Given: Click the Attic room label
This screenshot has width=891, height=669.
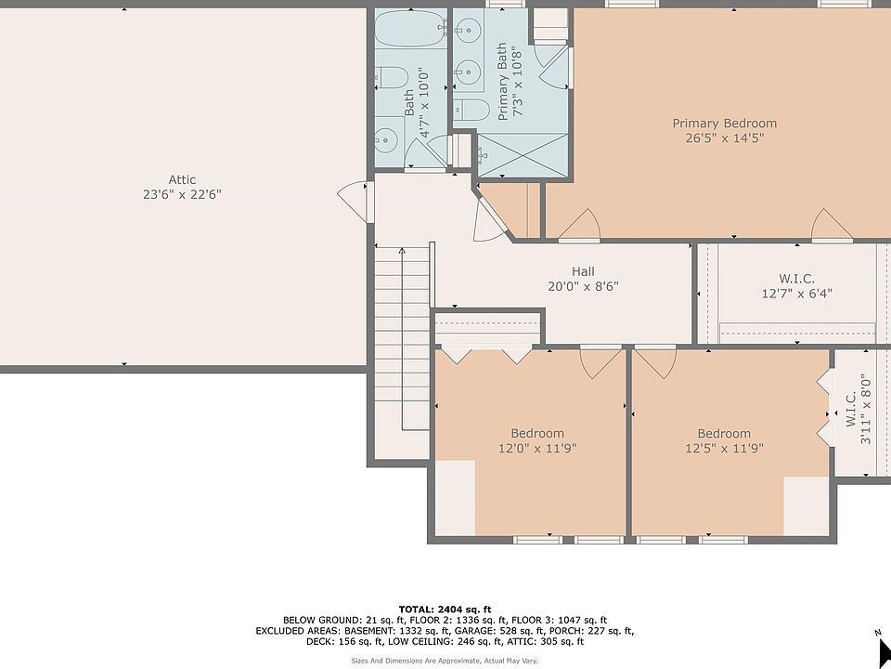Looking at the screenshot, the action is [x=182, y=179].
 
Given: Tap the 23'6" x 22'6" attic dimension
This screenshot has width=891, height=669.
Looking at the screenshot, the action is [x=182, y=194].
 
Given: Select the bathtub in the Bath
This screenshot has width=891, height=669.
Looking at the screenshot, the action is [x=409, y=29].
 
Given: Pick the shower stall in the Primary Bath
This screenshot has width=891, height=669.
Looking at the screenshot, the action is [x=523, y=155].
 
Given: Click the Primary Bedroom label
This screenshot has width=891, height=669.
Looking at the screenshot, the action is [x=725, y=124].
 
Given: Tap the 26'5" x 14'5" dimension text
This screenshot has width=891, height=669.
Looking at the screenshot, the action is [x=725, y=138].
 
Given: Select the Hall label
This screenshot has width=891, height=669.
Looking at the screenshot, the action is [x=584, y=271].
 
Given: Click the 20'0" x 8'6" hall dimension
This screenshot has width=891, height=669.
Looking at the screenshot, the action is [x=583, y=286].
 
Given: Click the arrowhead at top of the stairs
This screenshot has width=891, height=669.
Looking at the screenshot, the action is [x=402, y=250].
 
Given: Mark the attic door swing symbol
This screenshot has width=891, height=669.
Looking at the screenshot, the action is [x=354, y=202].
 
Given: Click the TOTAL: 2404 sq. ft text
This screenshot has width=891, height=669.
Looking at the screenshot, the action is [x=445, y=610].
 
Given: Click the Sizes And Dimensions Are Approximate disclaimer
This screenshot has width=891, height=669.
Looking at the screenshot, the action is [x=445, y=661].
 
